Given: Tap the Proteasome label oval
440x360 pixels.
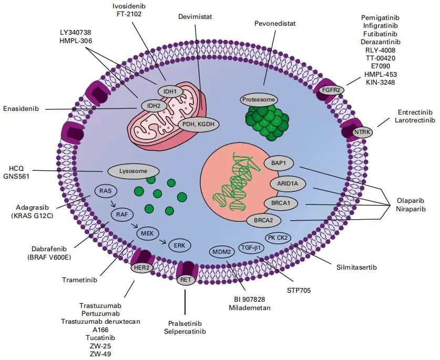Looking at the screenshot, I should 258,99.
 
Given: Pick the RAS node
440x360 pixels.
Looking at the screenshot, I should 106,191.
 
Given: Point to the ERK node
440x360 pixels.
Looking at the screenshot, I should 179,245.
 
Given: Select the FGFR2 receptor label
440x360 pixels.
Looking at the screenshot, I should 333,90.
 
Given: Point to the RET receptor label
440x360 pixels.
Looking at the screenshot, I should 185,280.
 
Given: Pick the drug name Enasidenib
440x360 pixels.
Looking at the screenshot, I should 25,109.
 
